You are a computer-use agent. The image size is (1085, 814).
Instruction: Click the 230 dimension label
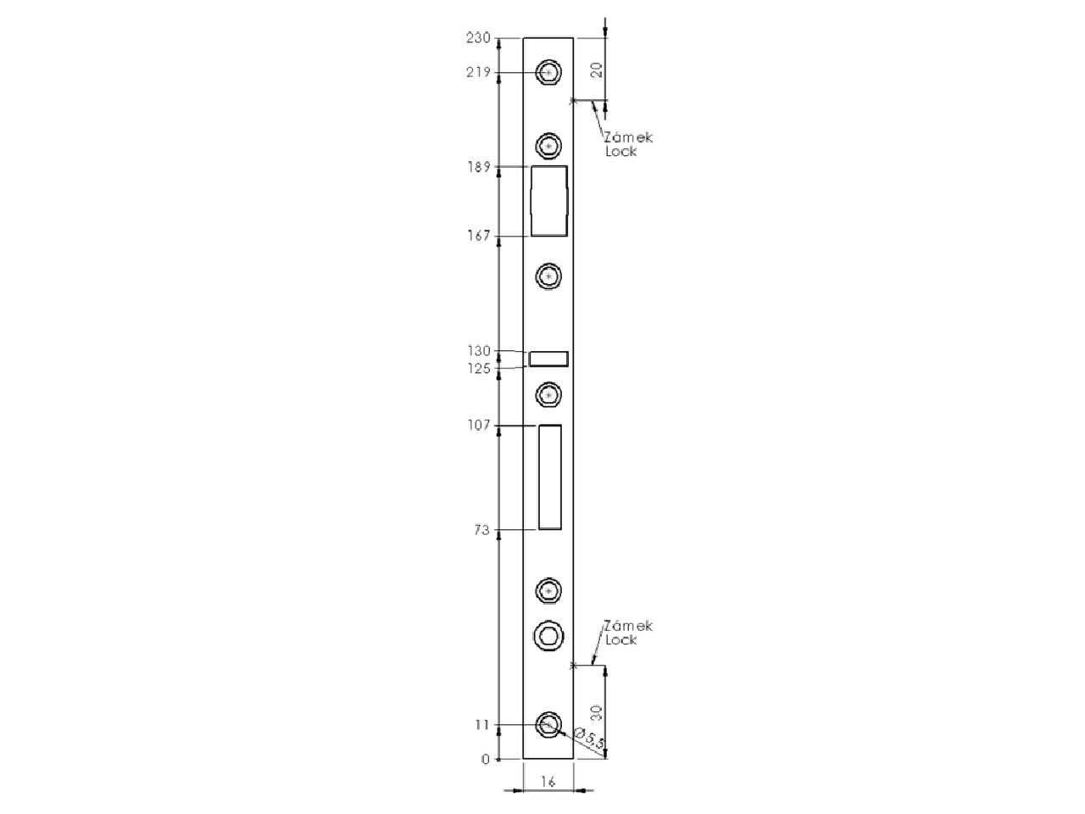point(478,38)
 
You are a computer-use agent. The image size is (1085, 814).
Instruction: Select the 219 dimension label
point(478,73)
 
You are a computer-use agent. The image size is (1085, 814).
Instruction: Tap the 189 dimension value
point(479,167)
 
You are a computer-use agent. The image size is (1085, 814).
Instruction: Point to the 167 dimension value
point(479,236)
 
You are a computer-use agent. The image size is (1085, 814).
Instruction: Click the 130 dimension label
point(479,351)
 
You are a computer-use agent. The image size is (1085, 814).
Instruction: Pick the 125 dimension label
point(479,368)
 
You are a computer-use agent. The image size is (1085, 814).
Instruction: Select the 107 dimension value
point(479,425)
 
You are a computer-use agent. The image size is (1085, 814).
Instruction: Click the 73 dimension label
point(482,530)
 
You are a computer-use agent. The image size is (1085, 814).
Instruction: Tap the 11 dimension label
point(482,725)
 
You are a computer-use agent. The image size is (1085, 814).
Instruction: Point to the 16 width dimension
point(548,782)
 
